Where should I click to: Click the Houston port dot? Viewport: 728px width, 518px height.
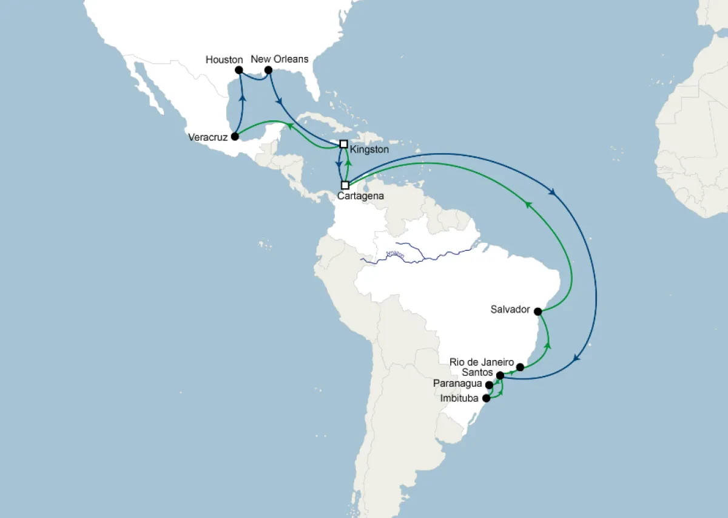point(239,70)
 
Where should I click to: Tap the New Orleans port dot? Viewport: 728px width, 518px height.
point(268,70)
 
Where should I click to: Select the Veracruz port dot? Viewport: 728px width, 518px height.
point(235,137)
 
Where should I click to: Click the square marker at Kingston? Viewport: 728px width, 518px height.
point(343,145)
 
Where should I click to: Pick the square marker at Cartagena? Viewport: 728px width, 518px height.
point(345,185)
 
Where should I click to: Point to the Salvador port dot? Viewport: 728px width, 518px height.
point(538,311)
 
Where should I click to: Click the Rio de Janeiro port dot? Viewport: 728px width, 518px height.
point(520,367)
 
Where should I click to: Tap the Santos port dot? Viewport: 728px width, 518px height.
point(500,376)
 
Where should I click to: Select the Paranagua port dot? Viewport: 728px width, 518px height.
point(490,385)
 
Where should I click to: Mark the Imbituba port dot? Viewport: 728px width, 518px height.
point(486,399)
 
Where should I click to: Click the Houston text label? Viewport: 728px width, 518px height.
point(224,60)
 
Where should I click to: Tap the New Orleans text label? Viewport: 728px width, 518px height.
point(280,59)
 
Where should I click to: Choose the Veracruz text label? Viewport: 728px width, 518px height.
point(207,137)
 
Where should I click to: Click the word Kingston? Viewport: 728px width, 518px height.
point(369,148)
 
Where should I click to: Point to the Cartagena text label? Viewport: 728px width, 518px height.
point(361,196)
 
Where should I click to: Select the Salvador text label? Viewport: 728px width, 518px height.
point(511,310)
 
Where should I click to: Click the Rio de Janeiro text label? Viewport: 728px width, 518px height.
point(482,362)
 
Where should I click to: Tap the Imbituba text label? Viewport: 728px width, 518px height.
point(460,398)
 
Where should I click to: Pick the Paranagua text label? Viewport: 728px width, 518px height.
point(458,384)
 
